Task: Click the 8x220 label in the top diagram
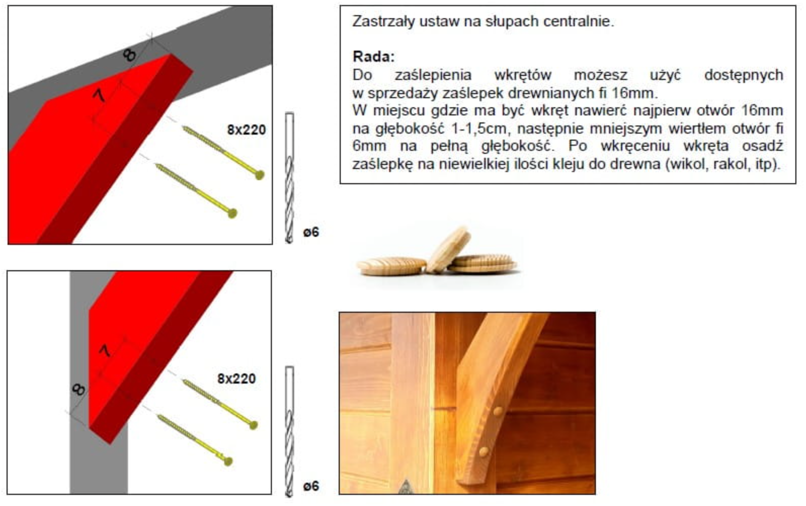[x=247, y=130]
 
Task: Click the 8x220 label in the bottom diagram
[x=236, y=378]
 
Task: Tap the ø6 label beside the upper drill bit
[x=311, y=233]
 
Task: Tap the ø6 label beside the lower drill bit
[x=311, y=486]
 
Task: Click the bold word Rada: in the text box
[x=374, y=57]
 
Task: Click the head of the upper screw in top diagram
[x=259, y=175]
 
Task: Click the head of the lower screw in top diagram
[x=232, y=213]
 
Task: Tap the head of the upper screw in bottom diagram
[x=253, y=426]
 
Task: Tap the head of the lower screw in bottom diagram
[x=228, y=460]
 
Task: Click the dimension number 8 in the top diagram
[x=130, y=55]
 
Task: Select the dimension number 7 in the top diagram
[x=99, y=96]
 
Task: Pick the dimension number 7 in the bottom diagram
[x=105, y=351]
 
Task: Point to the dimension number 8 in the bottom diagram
[x=78, y=389]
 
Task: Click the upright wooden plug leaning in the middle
[x=449, y=249]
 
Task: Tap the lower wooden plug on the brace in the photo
[x=484, y=452]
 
